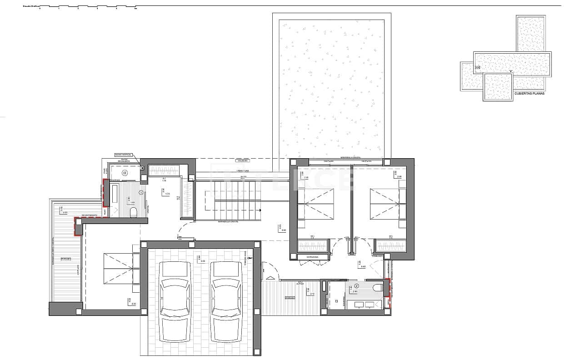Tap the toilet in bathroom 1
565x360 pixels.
[133, 212]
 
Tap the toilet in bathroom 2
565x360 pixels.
[376, 288]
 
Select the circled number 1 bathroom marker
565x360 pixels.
[141, 193]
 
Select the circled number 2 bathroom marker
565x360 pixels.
[356, 286]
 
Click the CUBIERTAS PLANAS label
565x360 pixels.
[529, 93]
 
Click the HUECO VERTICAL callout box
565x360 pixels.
[123, 155]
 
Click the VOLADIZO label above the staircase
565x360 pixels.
[242, 160]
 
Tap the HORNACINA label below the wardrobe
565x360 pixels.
[312, 257]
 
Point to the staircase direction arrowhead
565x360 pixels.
[260, 210]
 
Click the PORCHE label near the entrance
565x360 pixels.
[290, 298]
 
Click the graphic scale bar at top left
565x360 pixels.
[86, 7]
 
